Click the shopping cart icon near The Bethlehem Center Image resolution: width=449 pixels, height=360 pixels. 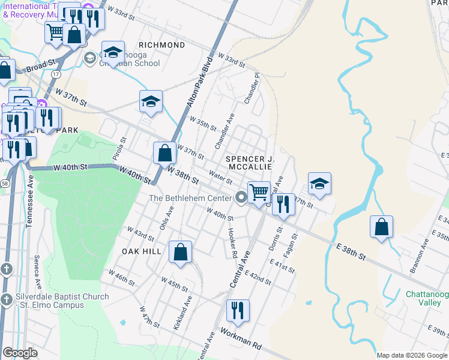(259, 192)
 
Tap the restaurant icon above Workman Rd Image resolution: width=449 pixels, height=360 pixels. (238, 310)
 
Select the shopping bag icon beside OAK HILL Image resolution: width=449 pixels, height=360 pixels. (180, 252)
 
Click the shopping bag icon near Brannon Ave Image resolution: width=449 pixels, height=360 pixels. (381, 227)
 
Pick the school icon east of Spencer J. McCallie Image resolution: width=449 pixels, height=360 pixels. (320, 184)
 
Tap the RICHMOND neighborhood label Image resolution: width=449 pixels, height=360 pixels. (161, 45)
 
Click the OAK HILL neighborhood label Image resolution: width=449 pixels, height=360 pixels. (142, 251)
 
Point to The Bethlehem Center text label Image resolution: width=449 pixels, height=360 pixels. (190, 198)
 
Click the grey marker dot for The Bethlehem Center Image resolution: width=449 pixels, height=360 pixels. (241, 197)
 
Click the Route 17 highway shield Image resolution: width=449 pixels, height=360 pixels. (56, 73)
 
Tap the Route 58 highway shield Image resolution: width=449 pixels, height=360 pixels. (4, 182)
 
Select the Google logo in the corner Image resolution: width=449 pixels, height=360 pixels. (20, 353)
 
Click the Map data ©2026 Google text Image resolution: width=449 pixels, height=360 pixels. (412, 355)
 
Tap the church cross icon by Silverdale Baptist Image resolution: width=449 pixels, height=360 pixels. (6, 299)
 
